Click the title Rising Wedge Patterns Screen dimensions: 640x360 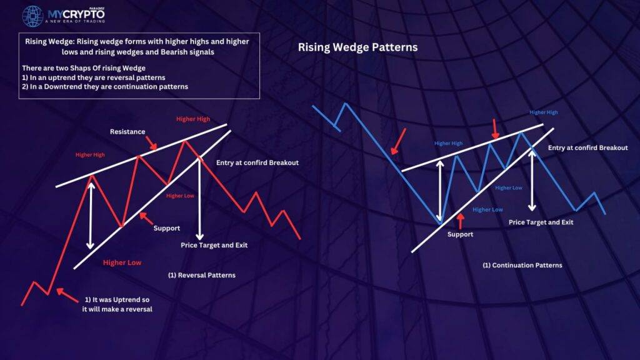pyautogui.click(x=357, y=47)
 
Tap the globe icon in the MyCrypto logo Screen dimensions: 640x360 pyautogui.click(x=32, y=16)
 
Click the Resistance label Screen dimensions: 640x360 pyautogui.click(x=127, y=131)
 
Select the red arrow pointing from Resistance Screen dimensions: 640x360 pyautogui.click(x=151, y=143)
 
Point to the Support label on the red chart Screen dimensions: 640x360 pyautogui.click(x=166, y=228)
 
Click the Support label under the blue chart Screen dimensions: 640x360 pyautogui.click(x=460, y=234)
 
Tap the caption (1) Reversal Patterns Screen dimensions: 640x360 pyautogui.click(x=202, y=275)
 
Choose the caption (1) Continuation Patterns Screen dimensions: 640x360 pyautogui.click(x=522, y=265)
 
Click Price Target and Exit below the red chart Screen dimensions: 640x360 pyautogui.click(x=214, y=245)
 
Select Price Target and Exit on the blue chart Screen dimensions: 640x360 pyautogui.click(x=541, y=222)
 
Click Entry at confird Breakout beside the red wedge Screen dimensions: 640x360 pyautogui.click(x=257, y=162)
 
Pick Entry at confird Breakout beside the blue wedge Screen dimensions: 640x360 pyautogui.click(x=587, y=147)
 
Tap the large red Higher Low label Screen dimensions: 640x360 pyautogui.click(x=122, y=262)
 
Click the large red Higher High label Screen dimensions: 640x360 pyautogui.click(x=193, y=119)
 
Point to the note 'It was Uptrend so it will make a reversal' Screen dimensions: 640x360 pyautogui.click(x=117, y=304)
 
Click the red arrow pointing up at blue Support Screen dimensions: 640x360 pyautogui.click(x=461, y=221)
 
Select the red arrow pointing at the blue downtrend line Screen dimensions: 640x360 pyautogui.click(x=398, y=141)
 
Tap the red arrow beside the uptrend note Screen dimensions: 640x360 pyautogui.click(x=67, y=295)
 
